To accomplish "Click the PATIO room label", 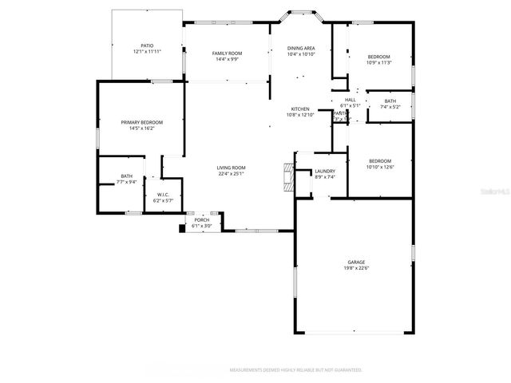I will [x=147, y=45].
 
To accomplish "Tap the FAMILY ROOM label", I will [x=227, y=53].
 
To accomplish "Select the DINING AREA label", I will [x=301, y=49].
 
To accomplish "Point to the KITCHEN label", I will [x=300, y=109].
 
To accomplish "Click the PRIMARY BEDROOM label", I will [x=141, y=122].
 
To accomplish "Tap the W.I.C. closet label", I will [x=162, y=195].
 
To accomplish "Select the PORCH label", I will [x=202, y=219].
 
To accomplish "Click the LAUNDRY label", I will [x=324, y=171].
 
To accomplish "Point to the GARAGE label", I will [x=355, y=262].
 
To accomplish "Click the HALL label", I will [x=350, y=100].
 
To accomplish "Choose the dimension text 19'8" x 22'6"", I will [x=355, y=268].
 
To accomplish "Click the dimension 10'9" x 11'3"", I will [x=378, y=62].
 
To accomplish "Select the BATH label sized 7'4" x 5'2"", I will [x=390, y=101].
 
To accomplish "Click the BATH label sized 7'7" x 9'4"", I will [x=127, y=176].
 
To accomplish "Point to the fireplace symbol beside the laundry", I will [x=287, y=174].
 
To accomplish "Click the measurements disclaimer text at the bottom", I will [x=296, y=370].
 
